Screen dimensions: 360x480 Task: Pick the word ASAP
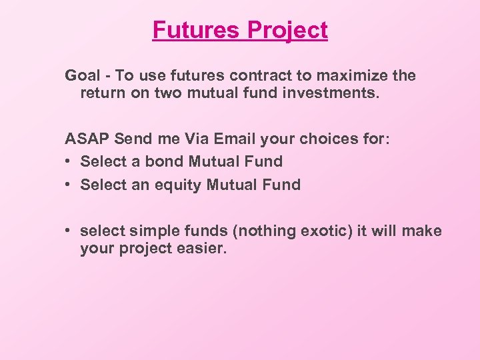[x=87, y=139]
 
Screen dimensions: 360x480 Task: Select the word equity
[x=181, y=185]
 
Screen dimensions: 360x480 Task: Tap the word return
[x=101, y=93]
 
